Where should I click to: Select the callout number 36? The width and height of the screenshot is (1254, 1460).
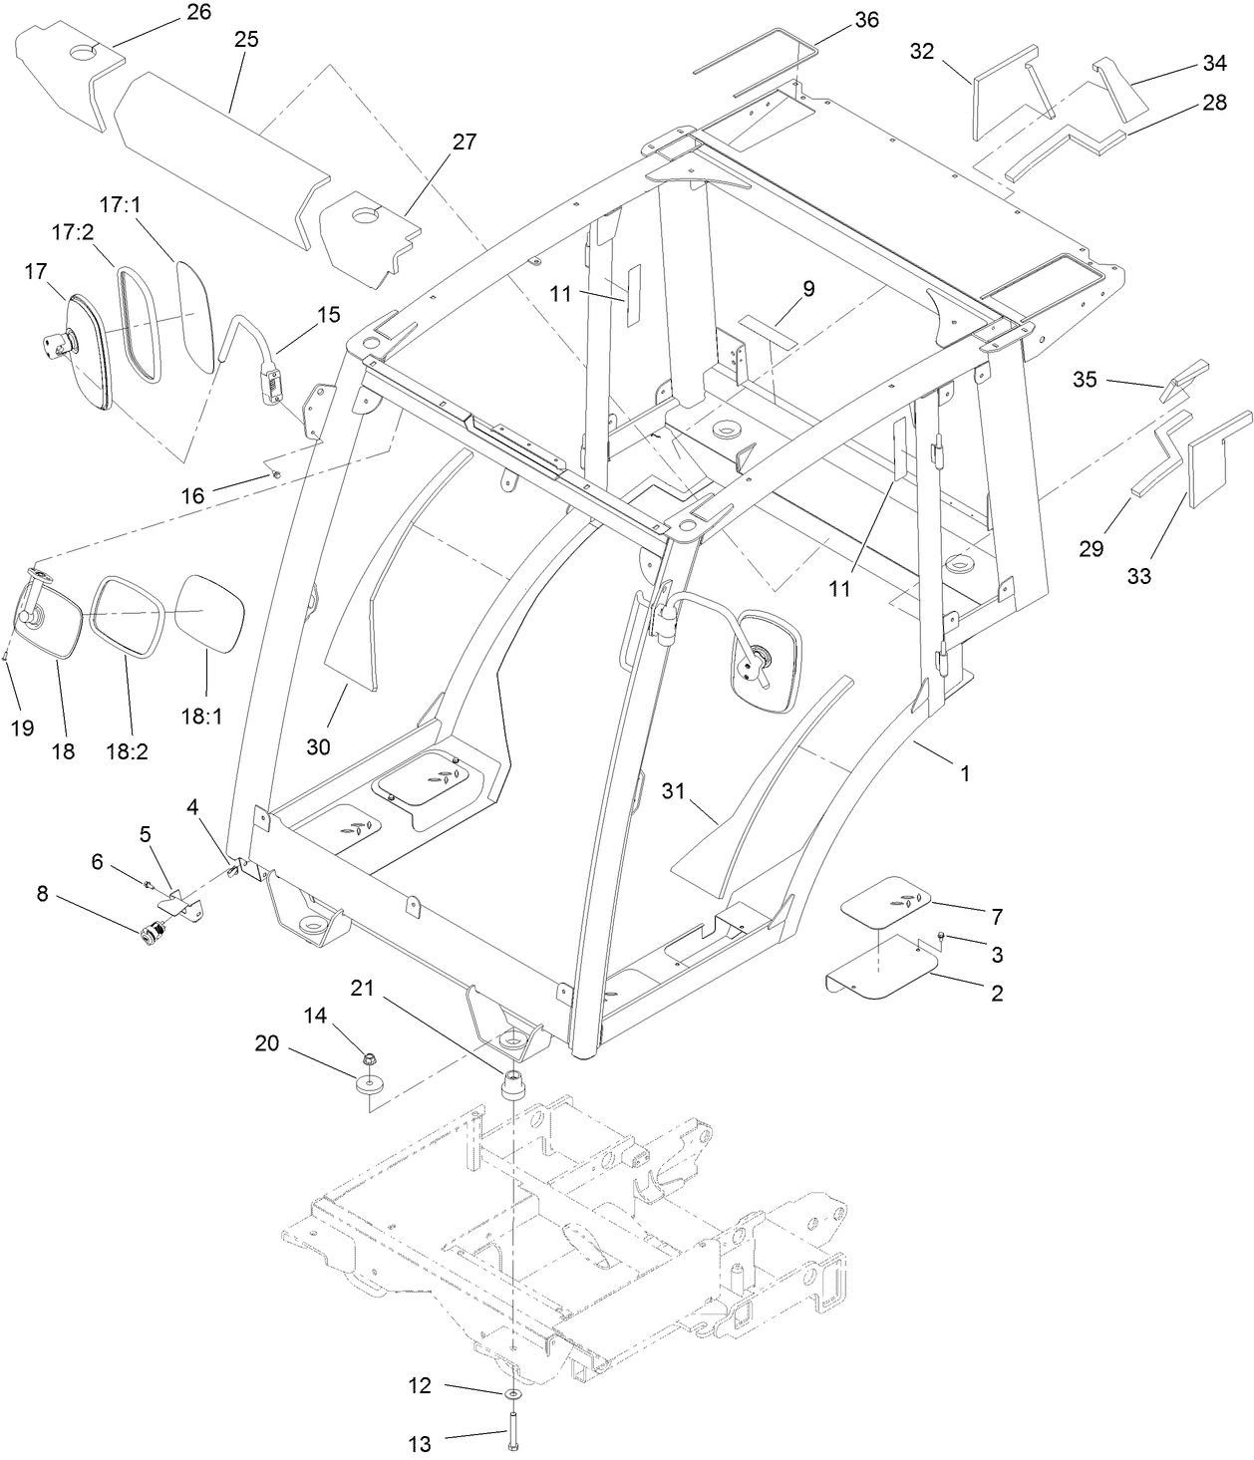click(x=866, y=20)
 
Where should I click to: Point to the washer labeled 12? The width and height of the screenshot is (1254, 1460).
click(x=511, y=1393)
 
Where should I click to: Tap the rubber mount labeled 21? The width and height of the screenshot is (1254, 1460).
click(x=511, y=1083)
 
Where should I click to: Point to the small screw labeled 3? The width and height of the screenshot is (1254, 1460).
click(x=943, y=936)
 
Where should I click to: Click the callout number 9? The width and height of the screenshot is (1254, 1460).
click(x=808, y=289)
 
